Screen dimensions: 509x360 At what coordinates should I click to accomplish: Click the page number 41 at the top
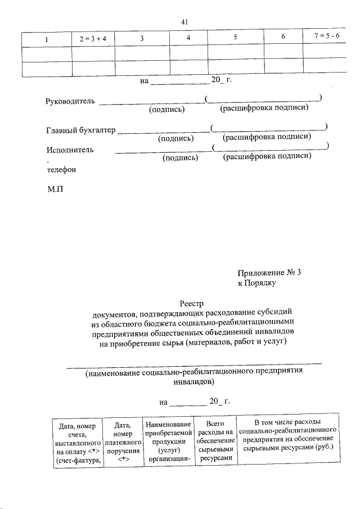point(184,22)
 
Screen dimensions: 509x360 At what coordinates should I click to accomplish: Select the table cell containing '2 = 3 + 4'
point(92,39)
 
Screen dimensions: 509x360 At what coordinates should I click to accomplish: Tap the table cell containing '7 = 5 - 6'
point(327,37)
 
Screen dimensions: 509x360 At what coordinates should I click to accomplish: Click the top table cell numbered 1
point(47,39)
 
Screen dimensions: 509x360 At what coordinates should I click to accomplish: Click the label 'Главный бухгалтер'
point(80,130)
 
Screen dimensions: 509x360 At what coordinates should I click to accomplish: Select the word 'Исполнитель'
point(70,150)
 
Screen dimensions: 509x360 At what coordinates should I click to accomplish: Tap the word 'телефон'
point(61,169)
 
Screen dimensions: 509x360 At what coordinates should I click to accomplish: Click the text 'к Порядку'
point(256,283)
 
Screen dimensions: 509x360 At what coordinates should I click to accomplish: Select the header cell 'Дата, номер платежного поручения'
point(122,443)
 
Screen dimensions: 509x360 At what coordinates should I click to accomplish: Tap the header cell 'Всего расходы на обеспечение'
point(215,441)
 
